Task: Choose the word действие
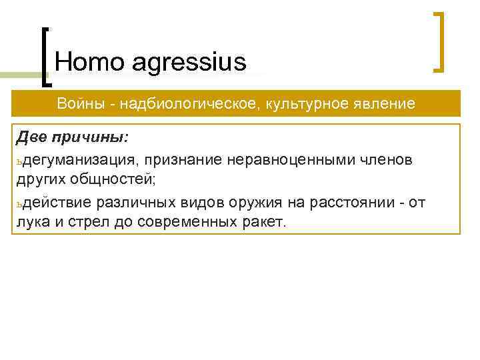click(x=57, y=201)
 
